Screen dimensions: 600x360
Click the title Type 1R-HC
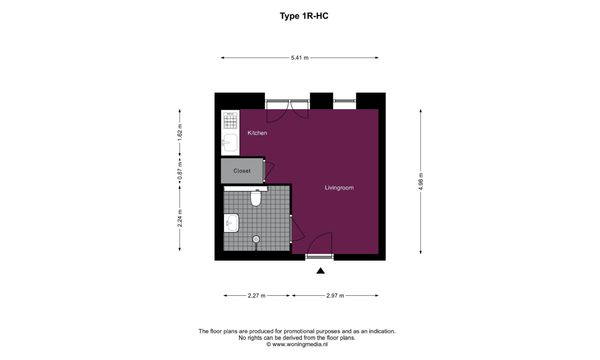pos(304,16)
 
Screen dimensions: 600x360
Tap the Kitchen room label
pos(257,133)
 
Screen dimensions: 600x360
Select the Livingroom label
pos(339,187)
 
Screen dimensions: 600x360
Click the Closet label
pos(242,171)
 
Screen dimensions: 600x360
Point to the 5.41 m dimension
pos(300,58)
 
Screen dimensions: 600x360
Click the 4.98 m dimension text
pos(421,181)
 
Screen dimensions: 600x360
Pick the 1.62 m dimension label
pos(180,132)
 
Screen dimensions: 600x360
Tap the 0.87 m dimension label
pos(180,171)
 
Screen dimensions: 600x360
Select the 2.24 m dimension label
pos(180,218)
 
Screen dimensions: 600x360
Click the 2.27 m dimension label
pos(256,295)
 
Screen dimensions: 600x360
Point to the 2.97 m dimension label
pos(335,295)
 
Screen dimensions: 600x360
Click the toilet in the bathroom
pos(256,198)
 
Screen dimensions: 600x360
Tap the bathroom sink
pos(232,223)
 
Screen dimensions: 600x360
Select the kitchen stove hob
pos(230,120)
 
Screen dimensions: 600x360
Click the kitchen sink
pos(230,143)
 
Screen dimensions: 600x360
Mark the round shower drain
pos(256,239)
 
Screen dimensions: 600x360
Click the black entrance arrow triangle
pos(321,271)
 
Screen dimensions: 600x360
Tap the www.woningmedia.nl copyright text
pos(297,344)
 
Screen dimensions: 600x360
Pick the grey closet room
pos(242,171)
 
